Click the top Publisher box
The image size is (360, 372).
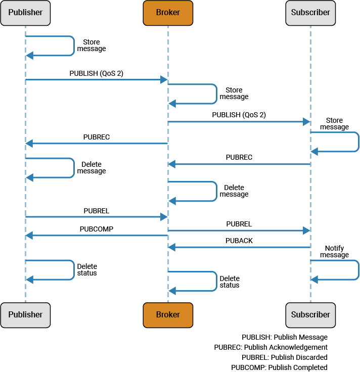coord(25,13)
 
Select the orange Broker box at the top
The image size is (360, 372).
coord(168,13)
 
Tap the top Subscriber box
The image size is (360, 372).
coord(310,13)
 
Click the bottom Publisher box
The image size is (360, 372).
coord(25,314)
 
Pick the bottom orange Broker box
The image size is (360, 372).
coord(168,314)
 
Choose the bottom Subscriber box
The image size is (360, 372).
coord(310,314)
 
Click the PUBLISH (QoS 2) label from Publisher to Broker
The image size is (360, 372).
coord(96,73)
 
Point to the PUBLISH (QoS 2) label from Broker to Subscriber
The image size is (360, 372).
coord(239,115)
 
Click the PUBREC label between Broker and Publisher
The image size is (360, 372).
coord(96,137)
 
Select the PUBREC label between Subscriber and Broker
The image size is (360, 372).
coord(239,158)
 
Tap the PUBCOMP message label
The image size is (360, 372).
coord(96,229)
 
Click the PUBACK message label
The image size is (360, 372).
coord(239,241)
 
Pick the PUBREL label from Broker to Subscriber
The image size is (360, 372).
coord(239,224)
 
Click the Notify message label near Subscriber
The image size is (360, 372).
coord(334,252)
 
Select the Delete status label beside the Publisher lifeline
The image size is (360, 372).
coord(87,270)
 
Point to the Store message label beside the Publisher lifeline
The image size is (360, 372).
coord(91,45)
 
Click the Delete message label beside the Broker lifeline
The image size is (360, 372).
coord(234,191)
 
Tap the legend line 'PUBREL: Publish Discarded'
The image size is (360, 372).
coord(284,357)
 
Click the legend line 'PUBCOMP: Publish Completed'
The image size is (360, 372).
coord(279,367)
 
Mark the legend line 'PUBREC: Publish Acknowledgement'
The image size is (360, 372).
coord(271,347)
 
